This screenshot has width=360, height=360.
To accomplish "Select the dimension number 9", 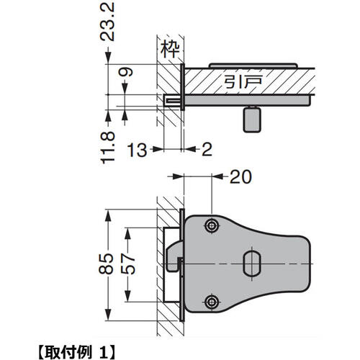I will point(126,73).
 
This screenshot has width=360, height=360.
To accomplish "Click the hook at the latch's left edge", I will point(174,256).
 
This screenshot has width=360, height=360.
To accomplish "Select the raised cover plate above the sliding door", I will point(252,66).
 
